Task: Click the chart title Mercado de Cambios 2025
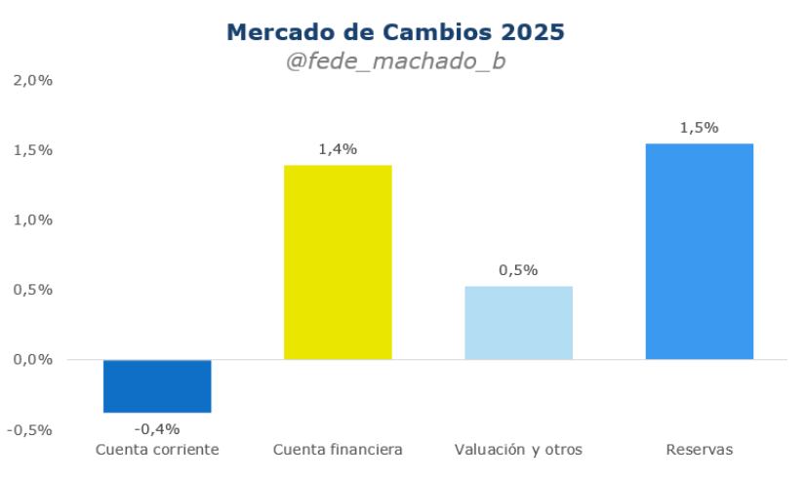click(395, 32)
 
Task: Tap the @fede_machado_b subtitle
click(395, 61)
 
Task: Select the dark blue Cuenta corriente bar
click(157, 385)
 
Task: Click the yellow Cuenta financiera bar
click(338, 261)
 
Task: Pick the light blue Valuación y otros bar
click(518, 322)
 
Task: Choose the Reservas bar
click(699, 251)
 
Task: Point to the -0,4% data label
click(157, 428)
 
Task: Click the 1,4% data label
click(338, 149)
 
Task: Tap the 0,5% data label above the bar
click(518, 270)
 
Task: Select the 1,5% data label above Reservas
click(699, 128)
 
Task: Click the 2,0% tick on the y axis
click(32, 80)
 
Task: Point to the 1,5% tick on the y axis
click(32, 150)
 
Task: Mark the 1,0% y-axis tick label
click(32, 220)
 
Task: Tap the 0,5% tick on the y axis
click(32, 290)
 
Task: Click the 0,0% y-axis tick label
click(32, 360)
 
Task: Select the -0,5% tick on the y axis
click(29, 429)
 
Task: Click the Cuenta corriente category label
click(157, 450)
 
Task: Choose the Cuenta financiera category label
click(338, 450)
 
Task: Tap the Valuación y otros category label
click(518, 450)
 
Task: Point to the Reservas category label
click(699, 450)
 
